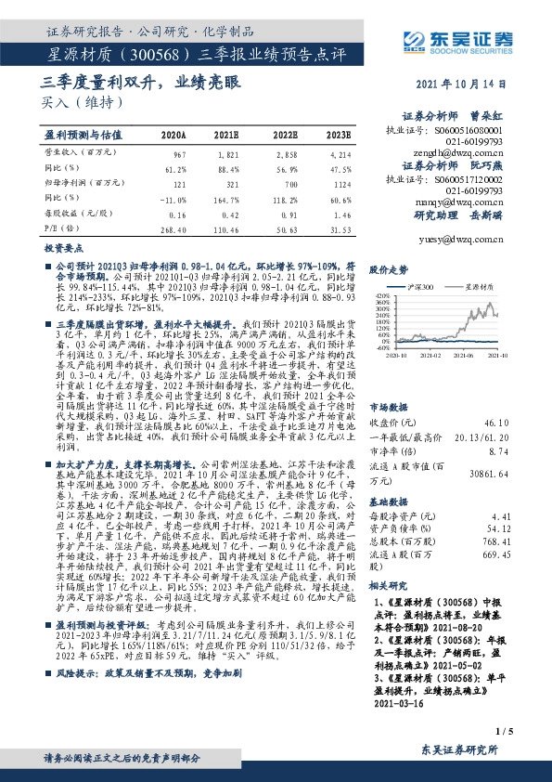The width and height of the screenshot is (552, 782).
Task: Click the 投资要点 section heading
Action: tap(66, 250)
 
